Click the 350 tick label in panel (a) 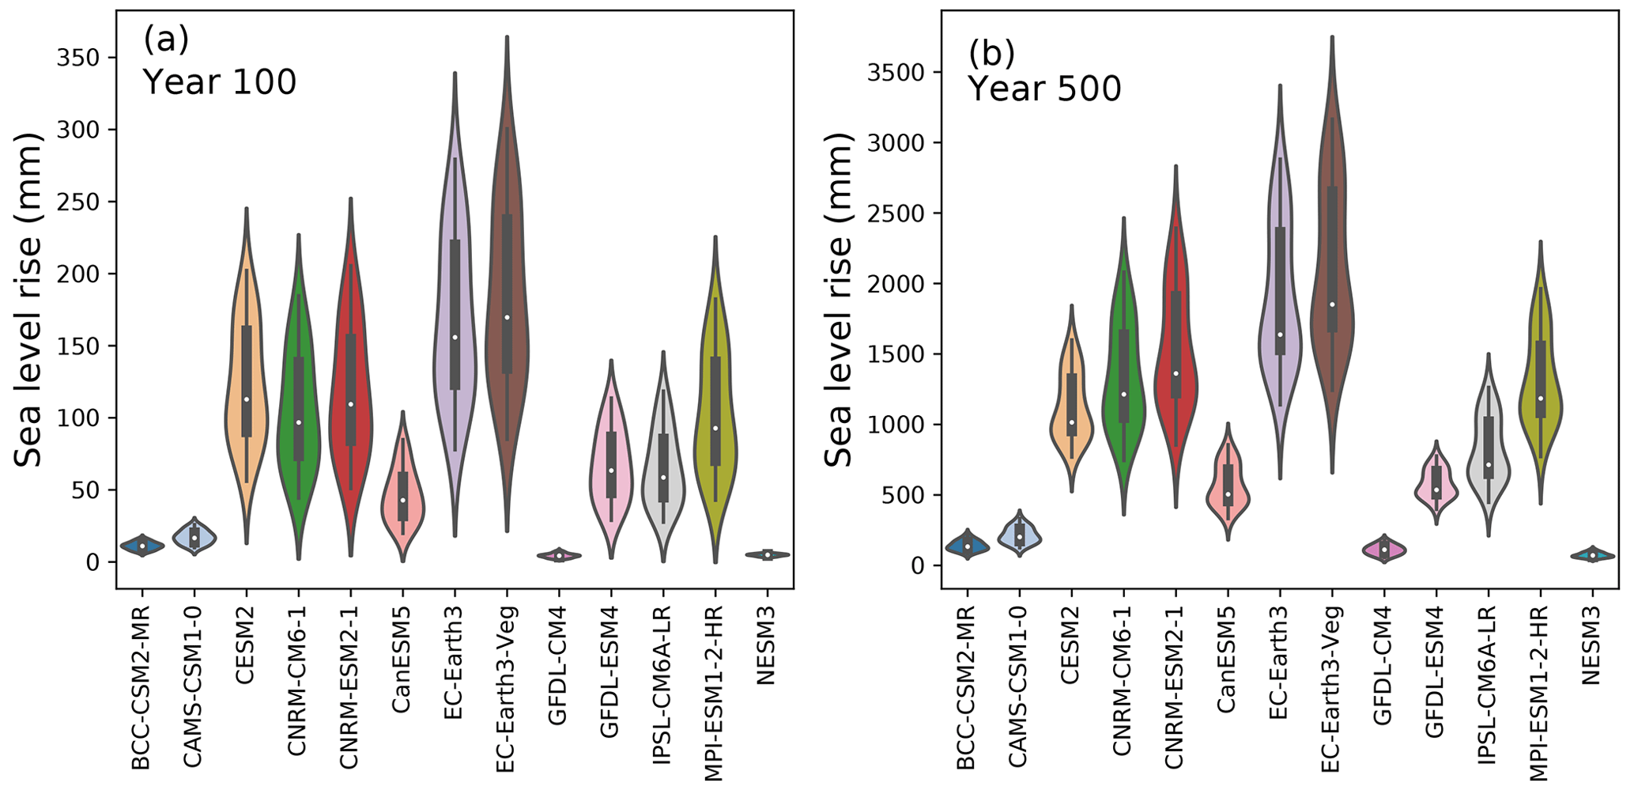[x=82, y=59]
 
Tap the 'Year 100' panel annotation [x=219, y=81]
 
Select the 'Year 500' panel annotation [x=1044, y=89]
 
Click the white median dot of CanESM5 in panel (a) [x=402, y=500]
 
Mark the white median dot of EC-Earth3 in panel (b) [x=1279, y=335]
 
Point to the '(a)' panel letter [x=166, y=39]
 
